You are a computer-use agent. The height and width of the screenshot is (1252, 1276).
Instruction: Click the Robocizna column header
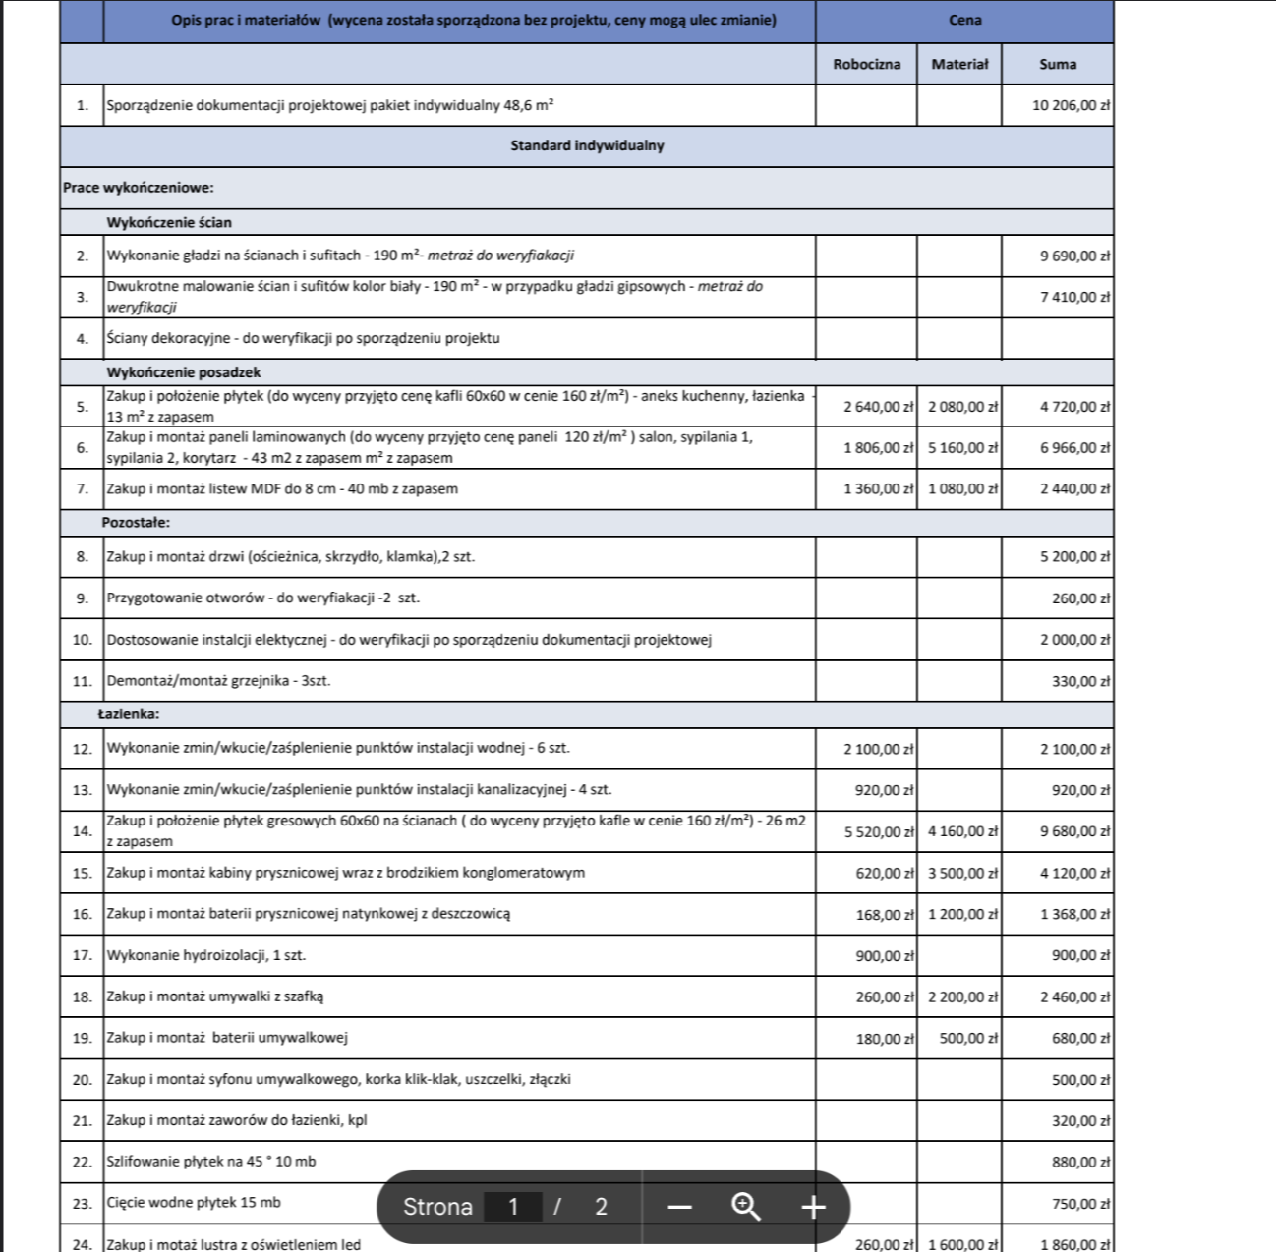pos(866,65)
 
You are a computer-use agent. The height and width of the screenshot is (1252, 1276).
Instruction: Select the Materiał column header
pos(959,65)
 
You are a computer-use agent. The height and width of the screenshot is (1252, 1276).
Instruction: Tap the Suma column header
pos(1058,65)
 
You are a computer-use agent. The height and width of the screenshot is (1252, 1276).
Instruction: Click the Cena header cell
pos(964,21)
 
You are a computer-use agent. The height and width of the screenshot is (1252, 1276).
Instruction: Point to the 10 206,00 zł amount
pos(1071,105)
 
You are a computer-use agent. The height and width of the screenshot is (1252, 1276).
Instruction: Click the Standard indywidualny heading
pos(587,146)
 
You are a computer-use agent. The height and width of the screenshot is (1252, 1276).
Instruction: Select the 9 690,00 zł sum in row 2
pos(1074,256)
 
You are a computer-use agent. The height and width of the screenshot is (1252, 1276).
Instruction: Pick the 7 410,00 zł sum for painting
pos(1074,297)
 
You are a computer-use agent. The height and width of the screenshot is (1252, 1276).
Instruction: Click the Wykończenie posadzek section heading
pos(184,372)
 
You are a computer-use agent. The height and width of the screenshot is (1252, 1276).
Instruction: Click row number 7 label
pos(82,489)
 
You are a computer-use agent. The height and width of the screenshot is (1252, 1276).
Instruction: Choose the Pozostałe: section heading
pos(136,523)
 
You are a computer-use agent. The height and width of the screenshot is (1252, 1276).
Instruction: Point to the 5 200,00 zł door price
pos(1074,557)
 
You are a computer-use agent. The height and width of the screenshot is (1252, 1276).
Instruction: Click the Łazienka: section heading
pos(129,714)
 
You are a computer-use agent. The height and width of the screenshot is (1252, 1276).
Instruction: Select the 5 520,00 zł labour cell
pos(879,832)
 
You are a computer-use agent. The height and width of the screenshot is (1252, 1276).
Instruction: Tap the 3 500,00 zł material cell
pos(962,874)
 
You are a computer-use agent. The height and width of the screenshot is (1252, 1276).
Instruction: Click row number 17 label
pos(82,955)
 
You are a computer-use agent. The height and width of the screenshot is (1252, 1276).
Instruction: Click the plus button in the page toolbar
pos(813,1207)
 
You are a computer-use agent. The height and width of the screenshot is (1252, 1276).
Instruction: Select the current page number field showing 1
pos(512,1207)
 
